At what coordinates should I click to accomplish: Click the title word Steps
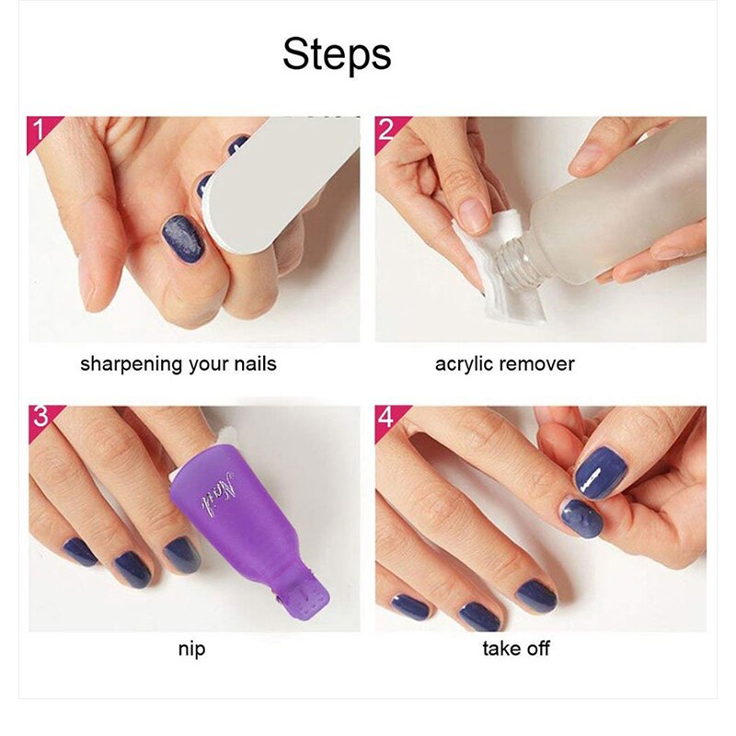(x=337, y=54)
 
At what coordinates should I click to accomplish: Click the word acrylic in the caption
(x=466, y=363)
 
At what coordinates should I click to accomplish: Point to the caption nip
(x=191, y=650)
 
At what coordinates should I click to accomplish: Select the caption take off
(x=516, y=650)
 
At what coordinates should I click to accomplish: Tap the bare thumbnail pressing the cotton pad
(x=474, y=214)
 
